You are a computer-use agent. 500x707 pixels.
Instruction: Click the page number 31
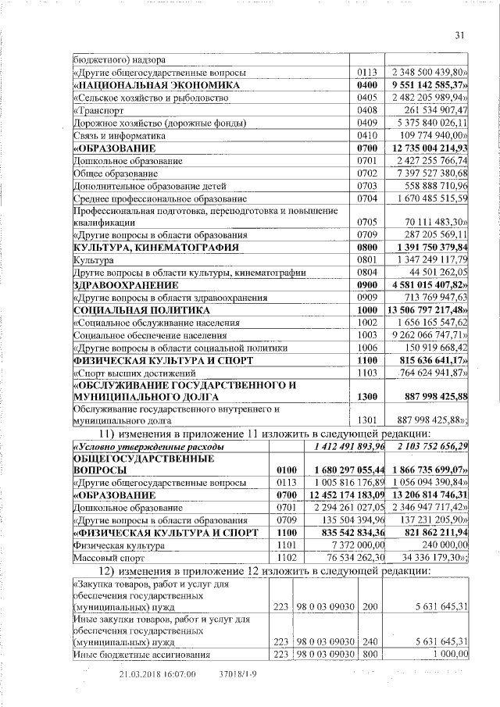point(459,34)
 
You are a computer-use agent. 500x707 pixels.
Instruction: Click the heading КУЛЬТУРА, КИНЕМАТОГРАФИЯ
point(144,248)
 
